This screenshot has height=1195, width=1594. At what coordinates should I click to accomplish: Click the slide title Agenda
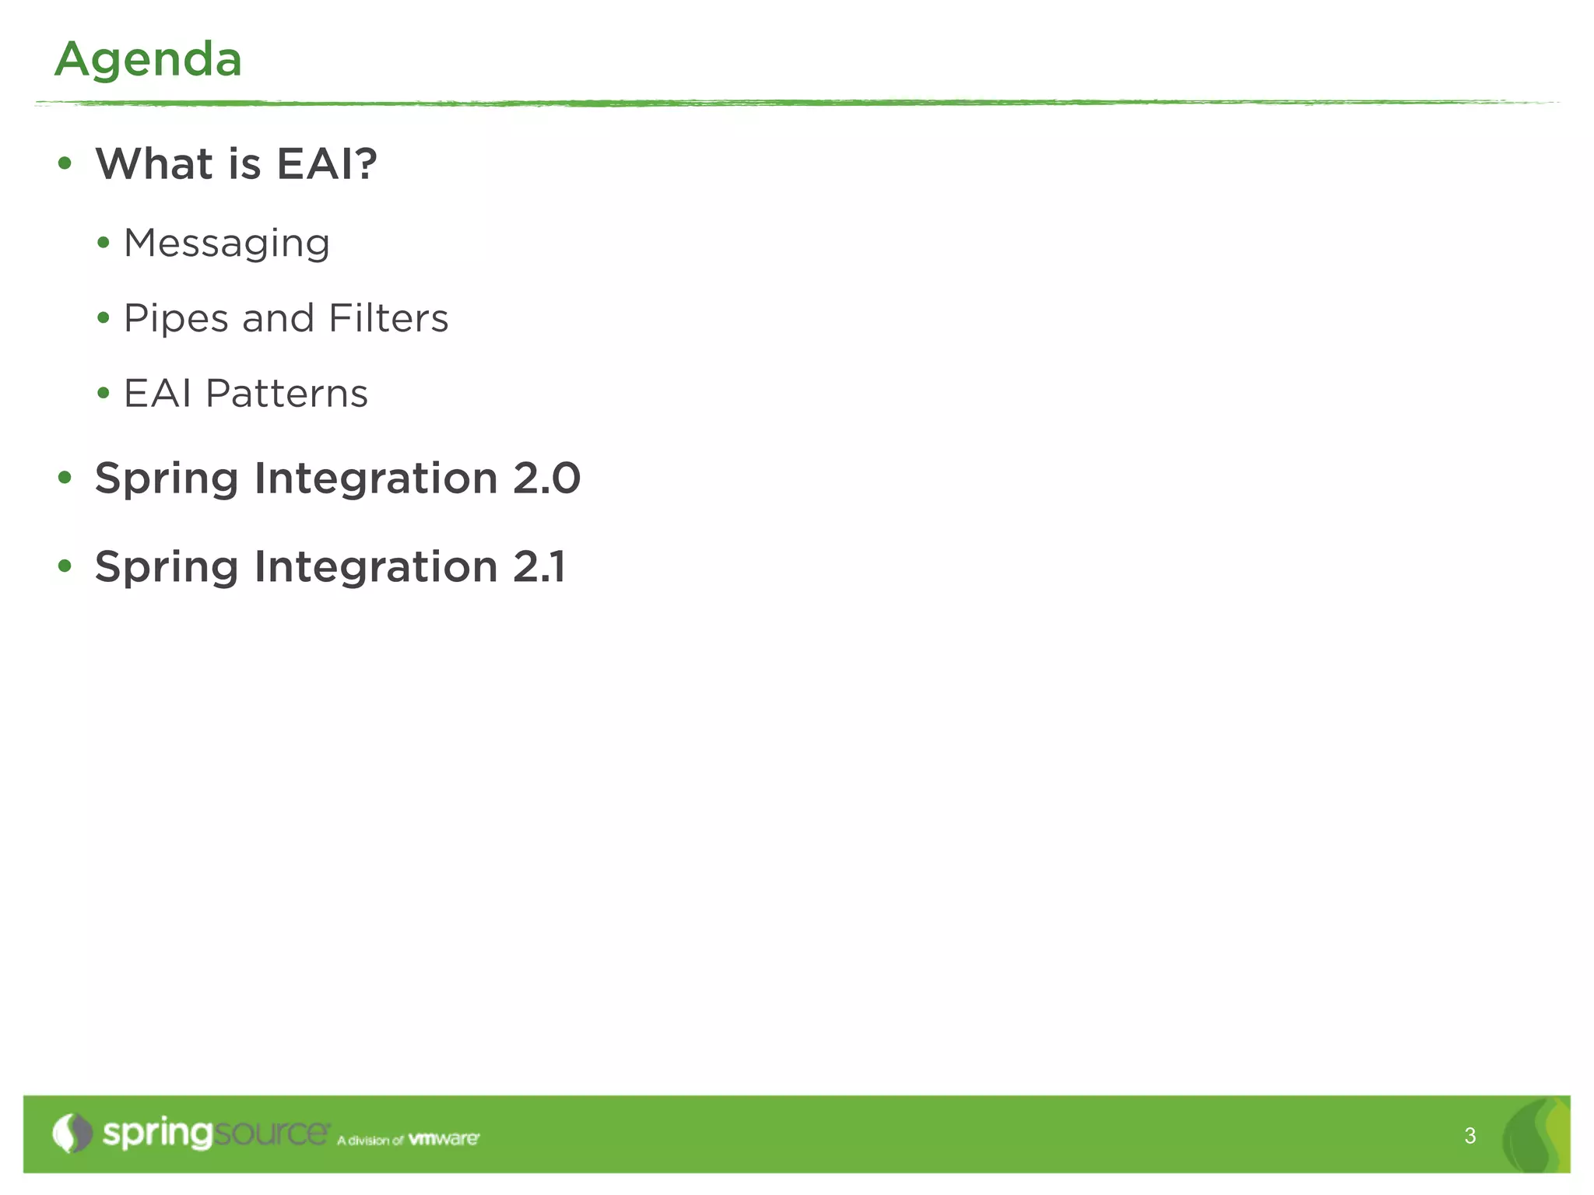[x=148, y=59]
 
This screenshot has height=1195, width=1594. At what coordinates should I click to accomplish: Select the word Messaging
[x=226, y=244]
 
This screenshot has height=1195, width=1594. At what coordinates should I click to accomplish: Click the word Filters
[x=388, y=317]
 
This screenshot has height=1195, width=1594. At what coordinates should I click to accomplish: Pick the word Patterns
[x=286, y=393]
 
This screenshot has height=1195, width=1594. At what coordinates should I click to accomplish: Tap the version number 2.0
[x=546, y=478]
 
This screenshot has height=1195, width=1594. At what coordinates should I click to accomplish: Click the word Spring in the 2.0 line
[x=166, y=479]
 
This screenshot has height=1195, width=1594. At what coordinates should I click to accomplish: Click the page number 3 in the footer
[x=1469, y=1136]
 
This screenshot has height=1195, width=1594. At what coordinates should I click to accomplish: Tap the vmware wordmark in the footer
[x=444, y=1139]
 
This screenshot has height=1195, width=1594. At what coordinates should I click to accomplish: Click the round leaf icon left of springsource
[x=72, y=1133]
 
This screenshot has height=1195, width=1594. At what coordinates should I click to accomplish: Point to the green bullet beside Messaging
[x=104, y=243]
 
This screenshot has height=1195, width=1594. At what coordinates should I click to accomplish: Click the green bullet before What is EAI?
[x=65, y=163]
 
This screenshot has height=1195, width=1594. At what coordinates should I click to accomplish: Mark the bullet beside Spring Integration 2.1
[x=65, y=566]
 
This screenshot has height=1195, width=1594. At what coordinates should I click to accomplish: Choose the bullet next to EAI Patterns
[x=104, y=393]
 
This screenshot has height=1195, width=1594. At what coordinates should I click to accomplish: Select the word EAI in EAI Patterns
[x=157, y=393]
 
